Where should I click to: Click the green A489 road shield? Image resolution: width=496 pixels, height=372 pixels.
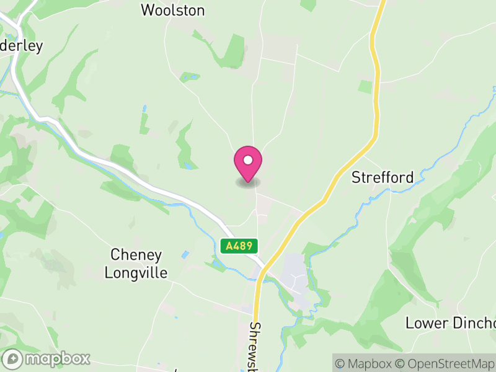point(239,246)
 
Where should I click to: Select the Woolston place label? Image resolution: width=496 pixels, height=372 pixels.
point(173,10)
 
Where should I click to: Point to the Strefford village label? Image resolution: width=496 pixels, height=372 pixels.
point(383,177)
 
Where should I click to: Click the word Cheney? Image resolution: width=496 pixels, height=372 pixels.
point(136,255)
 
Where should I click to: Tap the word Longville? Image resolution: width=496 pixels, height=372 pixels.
point(136,272)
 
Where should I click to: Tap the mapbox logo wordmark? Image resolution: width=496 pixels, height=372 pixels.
point(57,358)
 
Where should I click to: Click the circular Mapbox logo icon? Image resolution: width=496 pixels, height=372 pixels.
point(13,359)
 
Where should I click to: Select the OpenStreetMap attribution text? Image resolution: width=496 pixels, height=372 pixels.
point(445,364)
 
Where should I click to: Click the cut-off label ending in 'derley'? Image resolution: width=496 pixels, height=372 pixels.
point(22,47)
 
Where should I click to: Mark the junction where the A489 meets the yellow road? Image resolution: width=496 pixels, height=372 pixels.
point(264,269)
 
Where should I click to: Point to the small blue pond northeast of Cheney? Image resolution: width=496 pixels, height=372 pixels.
point(185,255)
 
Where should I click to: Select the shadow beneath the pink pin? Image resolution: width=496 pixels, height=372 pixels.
point(248,182)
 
